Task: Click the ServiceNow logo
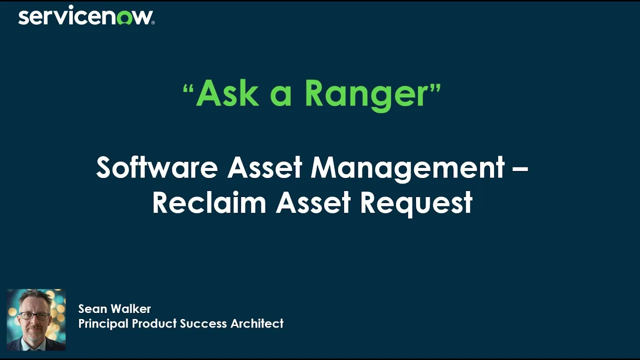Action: [86, 16]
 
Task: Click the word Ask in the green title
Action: [227, 93]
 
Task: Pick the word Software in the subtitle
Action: [156, 167]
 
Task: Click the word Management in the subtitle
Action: [407, 167]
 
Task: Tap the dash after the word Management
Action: [520, 168]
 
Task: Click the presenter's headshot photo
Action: [36, 319]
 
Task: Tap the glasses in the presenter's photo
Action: [34, 316]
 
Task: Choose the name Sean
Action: [93, 309]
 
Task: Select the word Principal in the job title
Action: [103, 324]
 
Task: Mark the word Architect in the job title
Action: [257, 324]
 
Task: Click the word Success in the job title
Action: [202, 324]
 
